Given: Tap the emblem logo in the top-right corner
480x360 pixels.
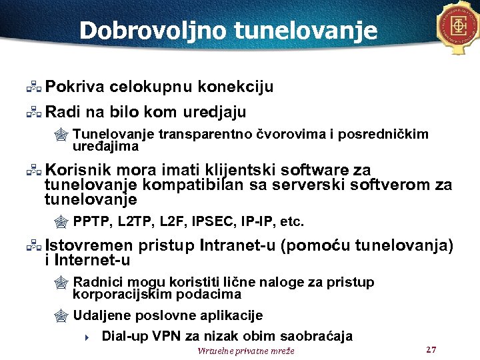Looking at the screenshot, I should point(458,27).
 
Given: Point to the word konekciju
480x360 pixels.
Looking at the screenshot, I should point(236,87).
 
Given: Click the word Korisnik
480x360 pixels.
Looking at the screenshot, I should point(77,169).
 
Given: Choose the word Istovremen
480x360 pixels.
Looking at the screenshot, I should point(89,246).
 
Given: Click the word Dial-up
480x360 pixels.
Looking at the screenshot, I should point(124,336).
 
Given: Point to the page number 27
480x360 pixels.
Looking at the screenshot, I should point(430,349).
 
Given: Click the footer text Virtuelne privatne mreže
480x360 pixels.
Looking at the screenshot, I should point(245,351).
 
